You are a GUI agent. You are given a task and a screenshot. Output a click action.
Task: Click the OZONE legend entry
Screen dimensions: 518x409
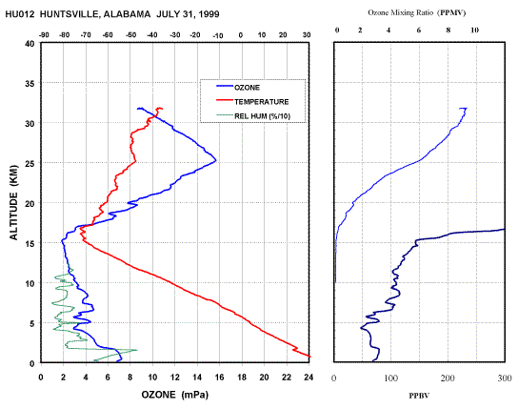click(x=238, y=88)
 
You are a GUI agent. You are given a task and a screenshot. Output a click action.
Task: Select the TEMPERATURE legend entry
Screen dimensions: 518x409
click(x=252, y=101)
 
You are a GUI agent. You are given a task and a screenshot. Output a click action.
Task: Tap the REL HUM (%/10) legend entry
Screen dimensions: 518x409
click(x=253, y=115)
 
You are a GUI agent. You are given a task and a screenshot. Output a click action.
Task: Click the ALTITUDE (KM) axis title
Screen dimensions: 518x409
click(x=13, y=202)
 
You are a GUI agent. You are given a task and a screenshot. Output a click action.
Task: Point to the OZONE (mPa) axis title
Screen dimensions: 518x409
click(x=175, y=395)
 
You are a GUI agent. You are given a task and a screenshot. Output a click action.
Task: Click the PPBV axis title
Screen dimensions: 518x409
click(x=419, y=396)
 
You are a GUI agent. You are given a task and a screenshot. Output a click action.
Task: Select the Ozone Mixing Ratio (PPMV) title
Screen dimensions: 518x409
click(x=417, y=13)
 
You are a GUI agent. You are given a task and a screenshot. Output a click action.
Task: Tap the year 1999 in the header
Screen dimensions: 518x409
click(x=209, y=14)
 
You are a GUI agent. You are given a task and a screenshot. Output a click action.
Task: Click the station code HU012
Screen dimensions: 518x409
click(x=20, y=14)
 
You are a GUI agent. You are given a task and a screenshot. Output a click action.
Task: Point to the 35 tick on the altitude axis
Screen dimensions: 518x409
click(x=30, y=83)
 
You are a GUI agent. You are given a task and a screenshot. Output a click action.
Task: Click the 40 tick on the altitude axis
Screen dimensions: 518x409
click(x=30, y=43)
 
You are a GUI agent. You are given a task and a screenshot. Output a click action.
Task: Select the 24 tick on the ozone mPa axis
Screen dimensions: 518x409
click(x=309, y=378)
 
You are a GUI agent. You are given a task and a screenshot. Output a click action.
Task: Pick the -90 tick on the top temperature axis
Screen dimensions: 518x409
click(x=44, y=35)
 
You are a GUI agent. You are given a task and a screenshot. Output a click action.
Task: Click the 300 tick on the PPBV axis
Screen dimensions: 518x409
click(x=504, y=378)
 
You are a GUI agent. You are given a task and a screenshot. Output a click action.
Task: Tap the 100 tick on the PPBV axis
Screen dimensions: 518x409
click(x=390, y=378)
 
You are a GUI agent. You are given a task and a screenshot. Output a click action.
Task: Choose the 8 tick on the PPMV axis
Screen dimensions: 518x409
click(x=448, y=31)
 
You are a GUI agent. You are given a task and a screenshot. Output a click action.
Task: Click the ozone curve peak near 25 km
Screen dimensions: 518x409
click(x=216, y=161)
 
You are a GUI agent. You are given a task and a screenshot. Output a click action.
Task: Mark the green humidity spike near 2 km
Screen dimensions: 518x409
click(x=137, y=350)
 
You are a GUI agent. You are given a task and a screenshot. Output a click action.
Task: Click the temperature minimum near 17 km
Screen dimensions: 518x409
click(x=80, y=228)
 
